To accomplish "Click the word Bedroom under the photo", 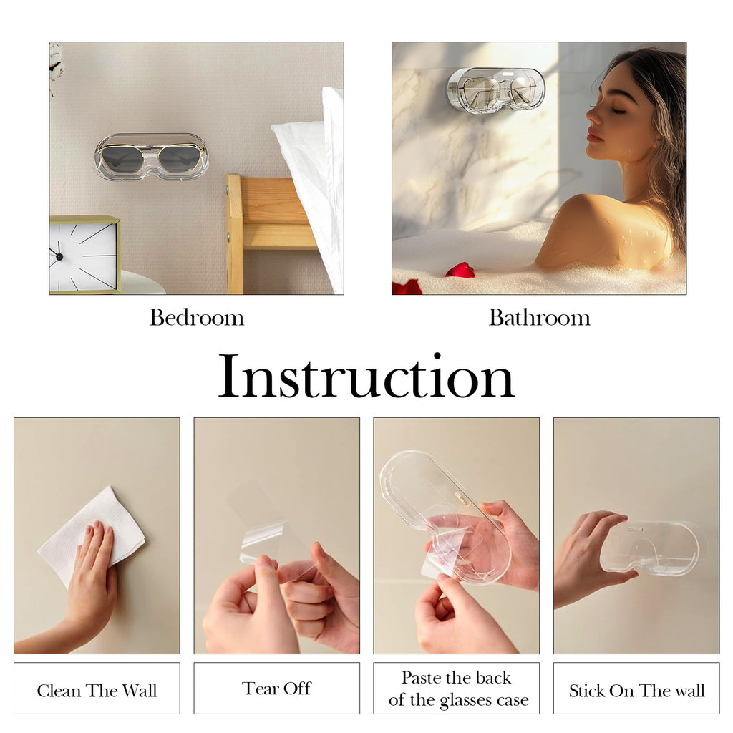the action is [197, 318].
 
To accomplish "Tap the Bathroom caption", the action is [540, 318].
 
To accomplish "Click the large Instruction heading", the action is [366, 376].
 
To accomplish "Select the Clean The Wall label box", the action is [97, 688].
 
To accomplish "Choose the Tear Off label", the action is [277, 688].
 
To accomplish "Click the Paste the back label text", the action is [456, 677].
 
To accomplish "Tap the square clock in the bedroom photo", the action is [84, 255].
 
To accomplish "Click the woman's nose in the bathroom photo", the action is [593, 115].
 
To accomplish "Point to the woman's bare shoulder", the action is [603, 229].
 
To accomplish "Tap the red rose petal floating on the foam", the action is [460, 270].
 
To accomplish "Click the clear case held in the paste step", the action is [444, 514].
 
